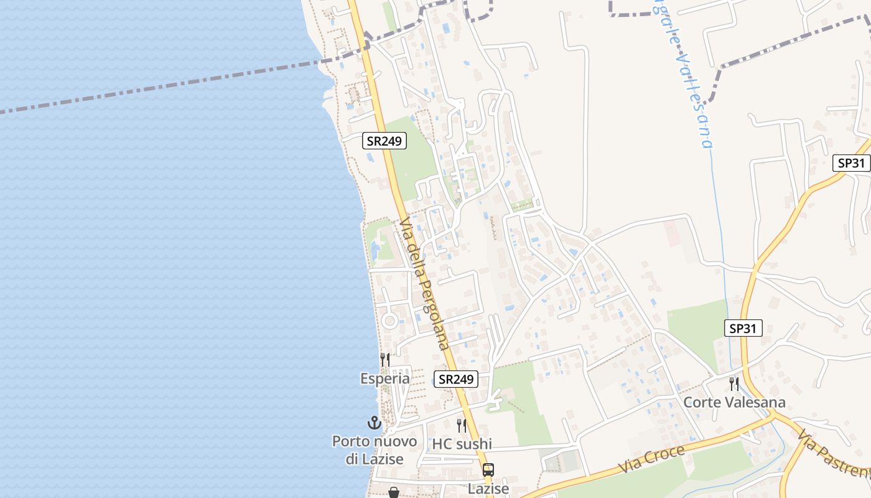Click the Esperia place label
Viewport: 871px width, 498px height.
(x=385, y=378)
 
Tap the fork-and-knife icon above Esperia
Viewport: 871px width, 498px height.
(x=385, y=360)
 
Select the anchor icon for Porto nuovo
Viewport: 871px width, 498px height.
(x=374, y=423)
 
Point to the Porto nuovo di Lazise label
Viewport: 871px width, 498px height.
(x=375, y=450)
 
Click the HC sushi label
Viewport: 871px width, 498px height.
(x=462, y=444)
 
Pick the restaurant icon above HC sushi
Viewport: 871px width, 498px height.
(x=462, y=426)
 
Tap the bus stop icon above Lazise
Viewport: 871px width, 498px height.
(x=488, y=470)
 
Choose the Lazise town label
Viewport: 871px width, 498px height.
(x=488, y=489)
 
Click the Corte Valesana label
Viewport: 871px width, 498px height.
(x=734, y=402)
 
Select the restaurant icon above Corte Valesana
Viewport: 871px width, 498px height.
(x=734, y=383)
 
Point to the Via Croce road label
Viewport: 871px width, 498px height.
(x=652, y=459)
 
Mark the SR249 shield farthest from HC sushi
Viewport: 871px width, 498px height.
(x=384, y=141)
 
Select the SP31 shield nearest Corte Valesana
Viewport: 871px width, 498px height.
(x=743, y=328)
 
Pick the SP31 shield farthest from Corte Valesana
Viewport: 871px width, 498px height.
(x=851, y=163)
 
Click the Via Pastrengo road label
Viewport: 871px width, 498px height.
(x=834, y=454)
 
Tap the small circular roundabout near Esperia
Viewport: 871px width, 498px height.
(x=389, y=321)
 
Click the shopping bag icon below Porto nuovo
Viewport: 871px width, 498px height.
(x=393, y=492)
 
